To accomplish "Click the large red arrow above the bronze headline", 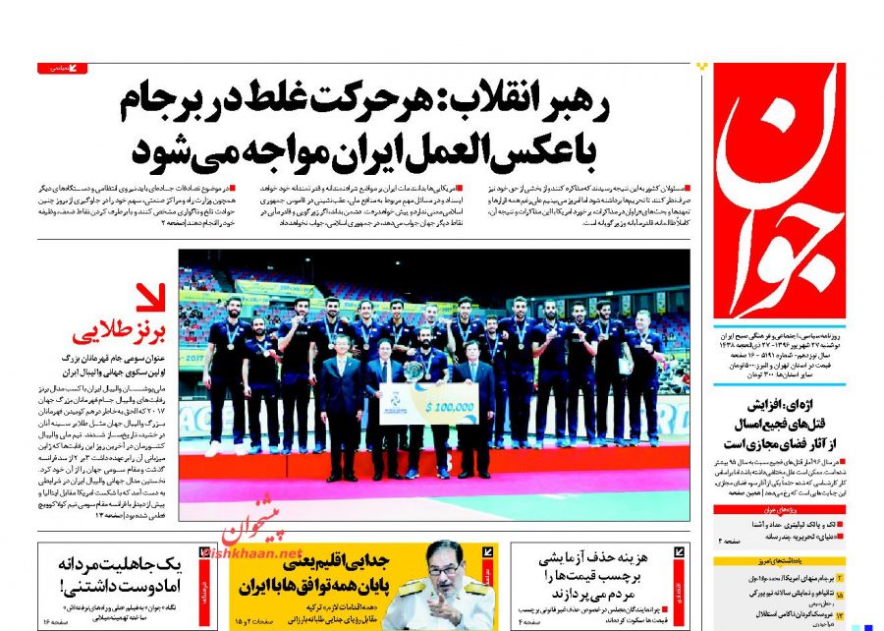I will pyautogui.click(x=150, y=298).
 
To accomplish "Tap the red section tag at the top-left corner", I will pyautogui.click(x=63, y=68).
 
